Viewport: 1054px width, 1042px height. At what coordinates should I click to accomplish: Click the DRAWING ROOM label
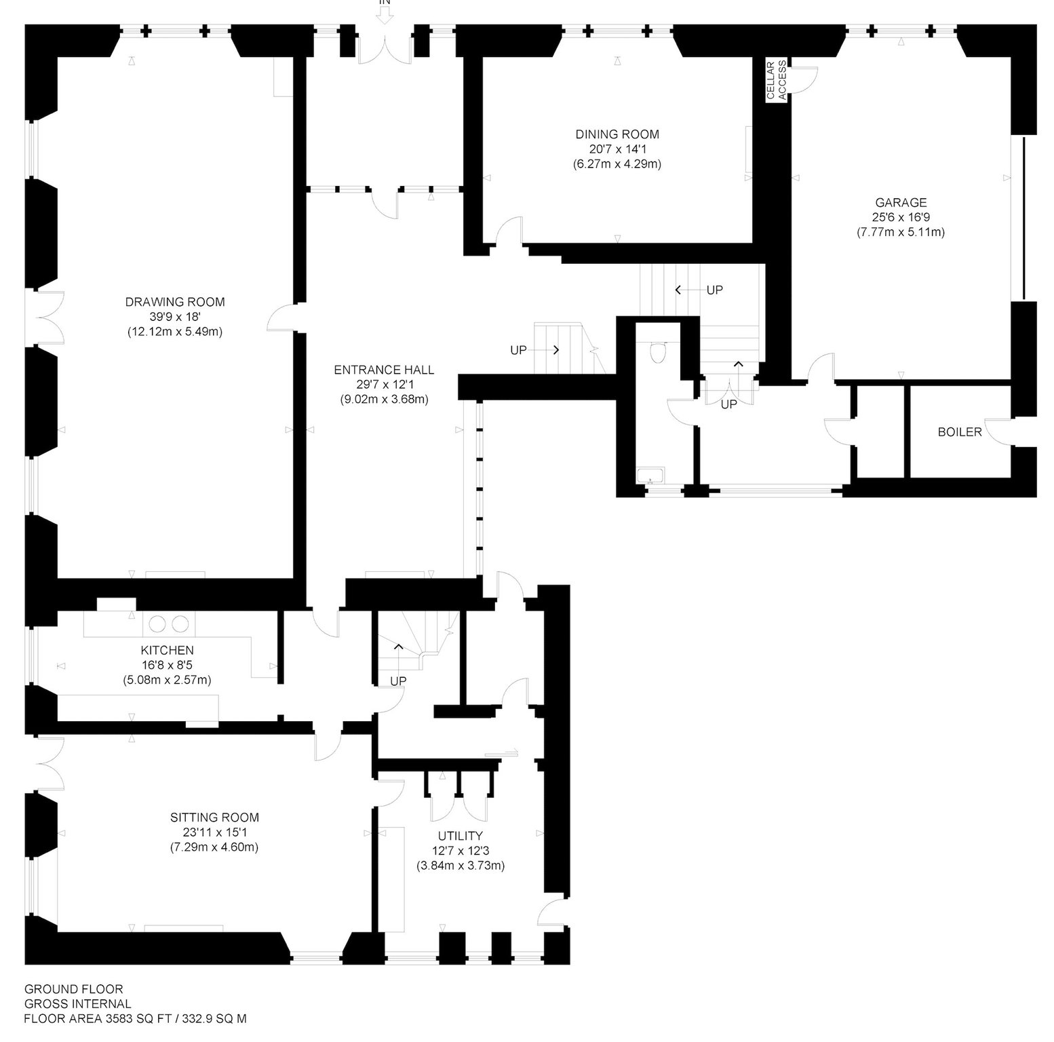click(x=175, y=302)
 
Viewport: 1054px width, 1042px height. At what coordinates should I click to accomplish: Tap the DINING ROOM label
click(x=617, y=134)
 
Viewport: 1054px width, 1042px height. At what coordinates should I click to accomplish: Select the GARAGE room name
click(x=901, y=202)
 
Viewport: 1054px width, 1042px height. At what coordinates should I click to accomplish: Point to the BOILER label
click(x=960, y=432)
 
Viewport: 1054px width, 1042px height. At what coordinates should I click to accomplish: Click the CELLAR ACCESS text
click(x=777, y=80)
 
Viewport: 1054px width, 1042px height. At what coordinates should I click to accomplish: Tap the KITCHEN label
click(x=168, y=651)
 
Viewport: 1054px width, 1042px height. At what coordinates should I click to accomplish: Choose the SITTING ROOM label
click(x=214, y=818)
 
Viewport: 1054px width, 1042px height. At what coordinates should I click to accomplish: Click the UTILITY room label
click(x=461, y=836)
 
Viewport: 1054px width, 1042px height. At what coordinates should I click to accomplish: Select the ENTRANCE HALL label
click(x=384, y=370)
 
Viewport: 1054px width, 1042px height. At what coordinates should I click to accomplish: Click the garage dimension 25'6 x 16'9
click(x=901, y=217)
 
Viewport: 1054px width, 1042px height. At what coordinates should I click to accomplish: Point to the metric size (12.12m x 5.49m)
click(x=175, y=332)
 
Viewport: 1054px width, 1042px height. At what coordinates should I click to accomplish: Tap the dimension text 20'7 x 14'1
click(x=617, y=149)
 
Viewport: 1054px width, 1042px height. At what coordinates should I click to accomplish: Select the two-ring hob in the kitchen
click(x=168, y=623)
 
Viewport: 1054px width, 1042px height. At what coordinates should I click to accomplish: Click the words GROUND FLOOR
click(x=74, y=990)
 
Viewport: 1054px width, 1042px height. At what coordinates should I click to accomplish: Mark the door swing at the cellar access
click(x=805, y=76)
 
